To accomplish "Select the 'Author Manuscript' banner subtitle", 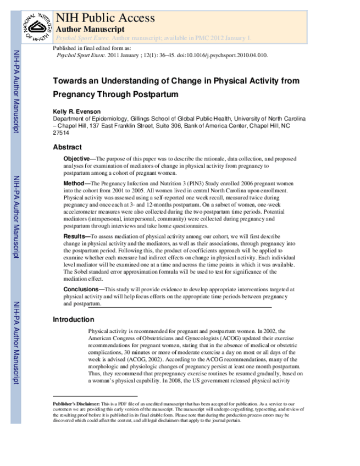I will tap(90, 29).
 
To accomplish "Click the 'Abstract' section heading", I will tap(67, 147).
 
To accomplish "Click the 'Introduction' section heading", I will tap(73, 320).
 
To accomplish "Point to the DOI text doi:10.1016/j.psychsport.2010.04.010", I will tap(217, 56).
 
